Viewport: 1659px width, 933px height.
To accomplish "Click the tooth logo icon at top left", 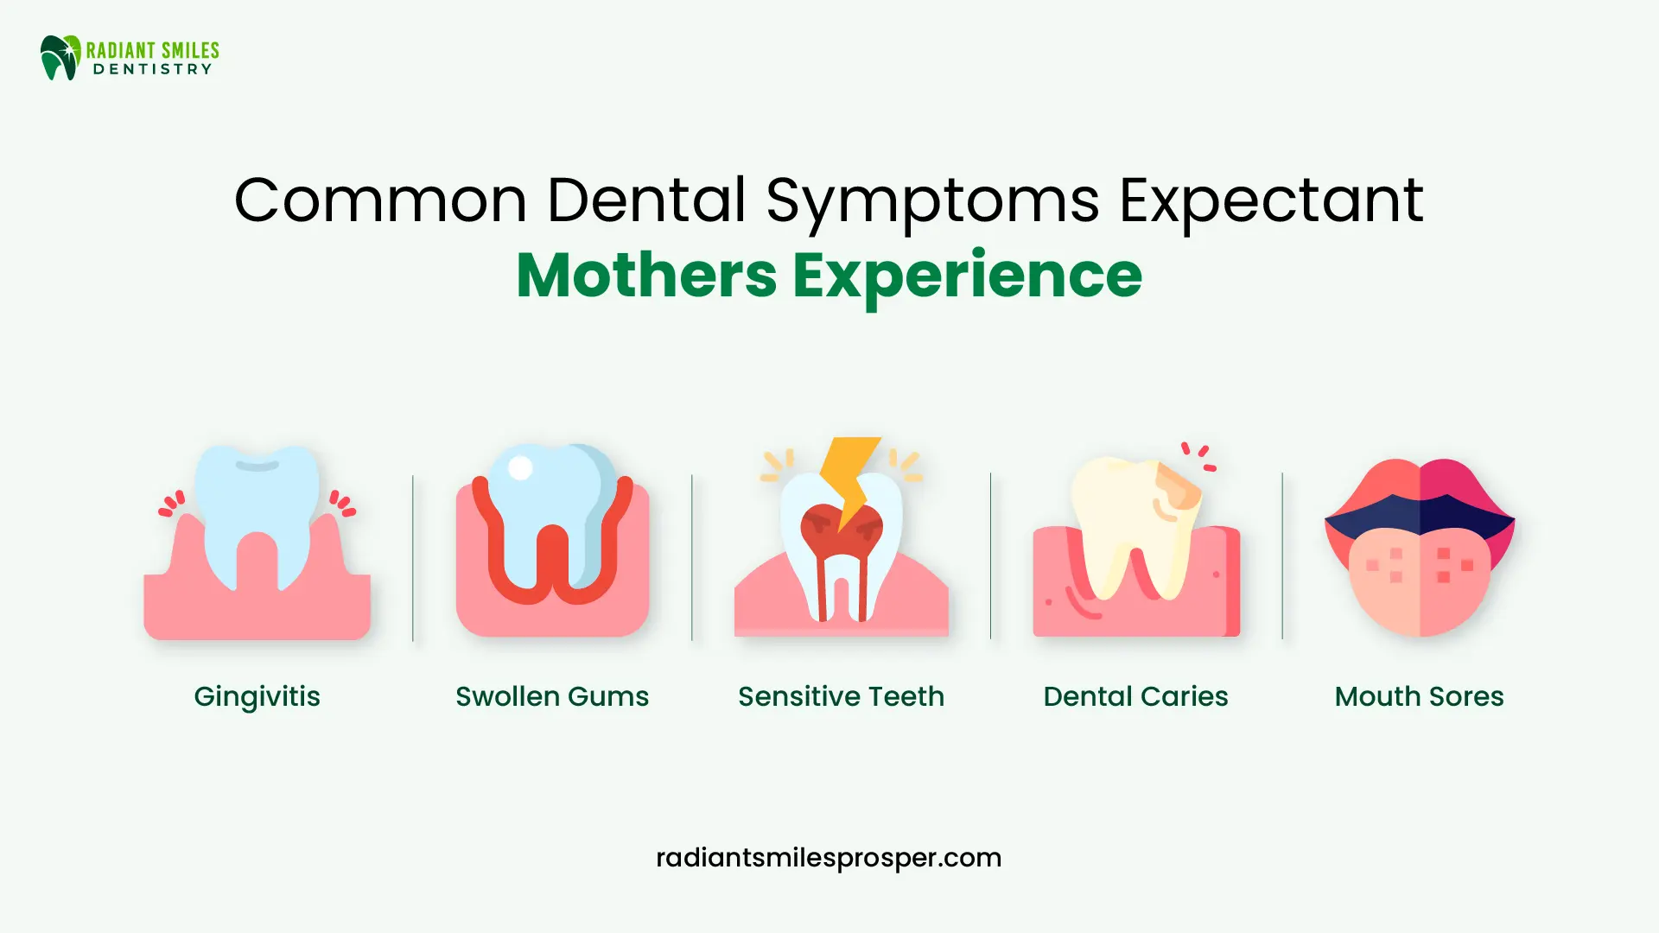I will (60, 58).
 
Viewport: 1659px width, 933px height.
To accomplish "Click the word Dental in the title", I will (646, 200).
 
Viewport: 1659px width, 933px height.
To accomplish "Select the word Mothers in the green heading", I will (646, 276).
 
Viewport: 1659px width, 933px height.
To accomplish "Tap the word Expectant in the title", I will (1271, 200).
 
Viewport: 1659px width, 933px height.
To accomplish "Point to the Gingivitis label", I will (257, 696).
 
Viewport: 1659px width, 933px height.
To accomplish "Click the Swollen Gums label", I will (552, 696).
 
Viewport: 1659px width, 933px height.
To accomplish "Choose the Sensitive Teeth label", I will (841, 696).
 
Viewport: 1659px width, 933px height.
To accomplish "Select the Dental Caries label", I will (1135, 696).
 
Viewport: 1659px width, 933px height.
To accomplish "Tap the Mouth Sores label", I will (1419, 696).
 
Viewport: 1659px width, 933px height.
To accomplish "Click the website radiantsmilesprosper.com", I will (829, 858).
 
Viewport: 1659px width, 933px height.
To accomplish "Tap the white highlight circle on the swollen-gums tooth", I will (520, 467).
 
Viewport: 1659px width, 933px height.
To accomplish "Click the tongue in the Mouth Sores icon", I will (1420, 583).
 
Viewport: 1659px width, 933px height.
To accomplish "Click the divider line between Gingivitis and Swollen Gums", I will (413, 557).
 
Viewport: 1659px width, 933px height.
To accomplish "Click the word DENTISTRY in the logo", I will (152, 69).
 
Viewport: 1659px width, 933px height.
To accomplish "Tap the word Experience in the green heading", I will (967, 276).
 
